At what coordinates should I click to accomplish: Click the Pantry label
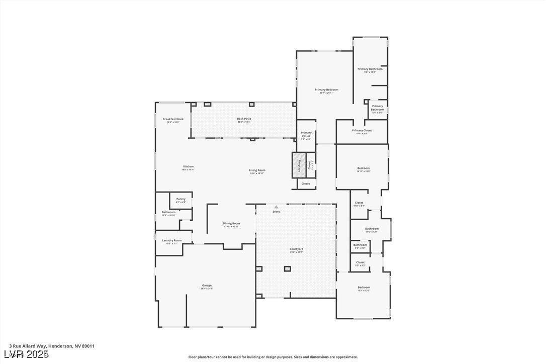tap(181, 200)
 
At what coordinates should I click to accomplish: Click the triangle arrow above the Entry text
tap(276, 207)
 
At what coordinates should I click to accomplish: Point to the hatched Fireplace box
tap(299, 165)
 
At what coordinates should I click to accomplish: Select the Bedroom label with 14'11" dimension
tap(363, 169)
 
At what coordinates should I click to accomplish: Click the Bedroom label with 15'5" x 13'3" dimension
tap(363, 288)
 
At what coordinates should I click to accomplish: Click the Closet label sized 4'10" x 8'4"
tap(359, 204)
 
